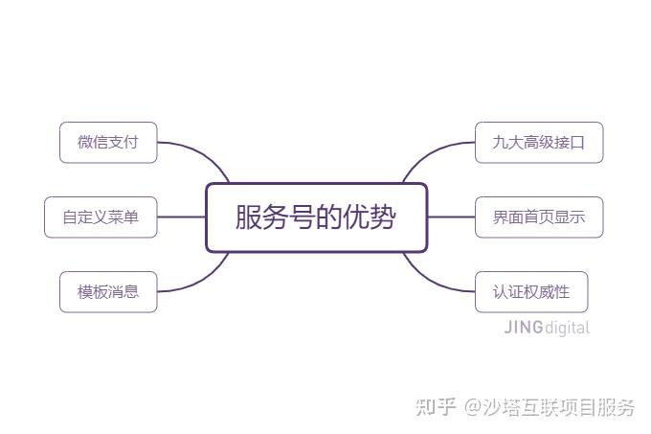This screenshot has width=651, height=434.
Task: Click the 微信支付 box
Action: (x=108, y=143)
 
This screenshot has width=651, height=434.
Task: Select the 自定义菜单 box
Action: (x=101, y=217)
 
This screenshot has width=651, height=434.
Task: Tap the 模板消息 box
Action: (x=108, y=292)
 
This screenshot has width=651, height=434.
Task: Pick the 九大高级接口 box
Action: (x=539, y=143)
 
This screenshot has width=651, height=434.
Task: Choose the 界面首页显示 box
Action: (x=539, y=217)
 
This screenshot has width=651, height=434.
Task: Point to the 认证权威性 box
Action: (x=531, y=292)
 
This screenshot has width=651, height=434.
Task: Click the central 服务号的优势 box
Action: (x=317, y=217)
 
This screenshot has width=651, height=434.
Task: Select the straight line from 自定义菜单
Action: (x=182, y=217)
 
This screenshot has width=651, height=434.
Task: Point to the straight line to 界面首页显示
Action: (x=451, y=217)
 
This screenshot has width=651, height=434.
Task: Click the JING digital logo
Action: (x=547, y=328)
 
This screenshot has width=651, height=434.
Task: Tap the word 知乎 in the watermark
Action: (x=436, y=406)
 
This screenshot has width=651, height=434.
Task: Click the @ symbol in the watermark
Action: (x=473, y=407)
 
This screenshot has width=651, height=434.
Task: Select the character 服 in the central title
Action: (x=248, y=217)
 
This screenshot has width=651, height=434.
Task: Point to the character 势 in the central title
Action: (x=382, y=217)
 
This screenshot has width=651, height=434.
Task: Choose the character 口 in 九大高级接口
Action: (x=577, y=143)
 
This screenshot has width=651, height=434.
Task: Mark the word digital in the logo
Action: (x=567, y=328)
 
